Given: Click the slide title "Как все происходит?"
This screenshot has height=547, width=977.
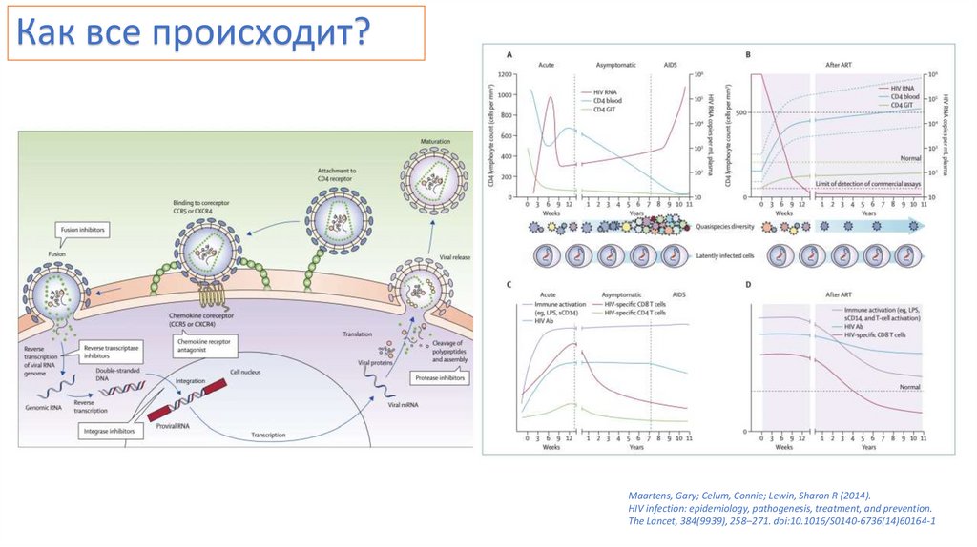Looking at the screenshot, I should pyautogui.click(x=196, y=35).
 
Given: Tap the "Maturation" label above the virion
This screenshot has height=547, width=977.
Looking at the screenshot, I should pyautogui.click(x=435, y=142).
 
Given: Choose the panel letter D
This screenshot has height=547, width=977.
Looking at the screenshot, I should pyautogui.click(x=748, y=285).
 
